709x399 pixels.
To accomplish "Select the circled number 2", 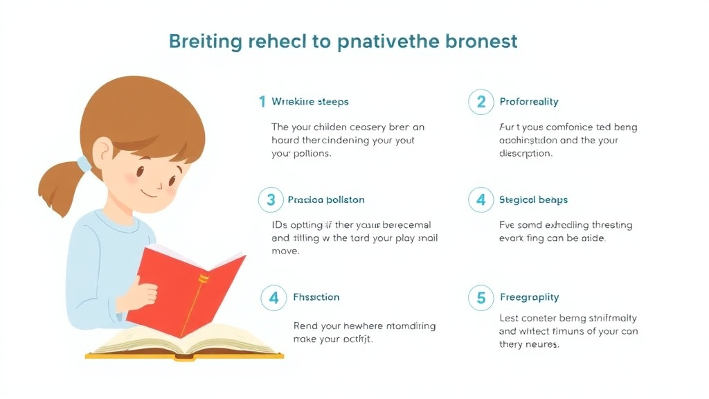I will pos(481,103).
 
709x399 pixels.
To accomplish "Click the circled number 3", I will pos(271,200).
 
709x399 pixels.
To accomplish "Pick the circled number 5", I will pos(481,298).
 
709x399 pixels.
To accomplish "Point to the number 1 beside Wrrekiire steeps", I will pos(262,102).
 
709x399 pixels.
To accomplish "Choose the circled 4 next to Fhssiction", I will pos(273,298).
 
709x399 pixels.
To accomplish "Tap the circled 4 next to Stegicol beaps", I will pos(481,200).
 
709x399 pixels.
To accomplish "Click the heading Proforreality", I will pos(529,102).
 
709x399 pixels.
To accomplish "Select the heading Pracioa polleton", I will pos(325,200).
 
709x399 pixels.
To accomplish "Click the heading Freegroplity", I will pos(529,298).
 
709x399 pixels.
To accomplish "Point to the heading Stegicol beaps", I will pos(533,200).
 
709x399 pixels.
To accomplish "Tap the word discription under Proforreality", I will pos(526,153).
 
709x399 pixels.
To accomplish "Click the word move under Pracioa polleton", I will pos(285,251).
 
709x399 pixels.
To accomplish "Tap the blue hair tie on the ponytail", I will pos(84,165).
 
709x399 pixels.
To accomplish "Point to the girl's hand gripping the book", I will pos(141,294).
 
